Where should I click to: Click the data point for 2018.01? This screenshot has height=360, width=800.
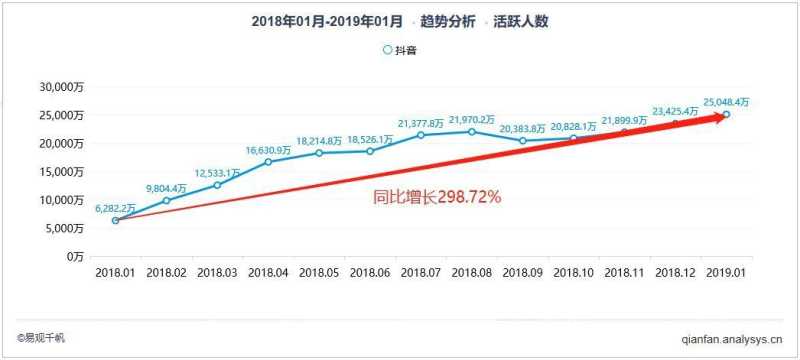[x=115, y=220]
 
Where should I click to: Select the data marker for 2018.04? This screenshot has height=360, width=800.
[x=268, y=162]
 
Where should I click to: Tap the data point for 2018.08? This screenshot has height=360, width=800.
[x=471, y=132]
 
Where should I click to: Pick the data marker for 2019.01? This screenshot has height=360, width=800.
[x=726, y=115]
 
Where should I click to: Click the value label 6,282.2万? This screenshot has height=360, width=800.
[x=116, y=208]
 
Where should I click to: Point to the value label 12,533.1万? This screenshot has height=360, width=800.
[x=218, y=173]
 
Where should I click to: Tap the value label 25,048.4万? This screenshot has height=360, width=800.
[x=727, y=102]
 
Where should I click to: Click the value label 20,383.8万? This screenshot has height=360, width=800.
[x=523, y=129]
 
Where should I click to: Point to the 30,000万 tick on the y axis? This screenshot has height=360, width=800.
[x=63, y=87]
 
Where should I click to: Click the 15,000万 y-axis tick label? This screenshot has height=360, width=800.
[x=63, y=172]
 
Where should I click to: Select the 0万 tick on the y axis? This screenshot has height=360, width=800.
[x=76, y=256]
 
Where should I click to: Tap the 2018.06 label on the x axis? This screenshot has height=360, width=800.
[x=370, y=272]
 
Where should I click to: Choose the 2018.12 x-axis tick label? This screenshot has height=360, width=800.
[x=675, y=272]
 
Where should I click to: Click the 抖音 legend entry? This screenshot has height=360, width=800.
[x=400, y=50]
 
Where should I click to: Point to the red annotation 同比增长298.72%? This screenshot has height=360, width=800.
[x=437, y=198]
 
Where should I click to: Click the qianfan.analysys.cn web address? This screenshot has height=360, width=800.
[x=738, y=339]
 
